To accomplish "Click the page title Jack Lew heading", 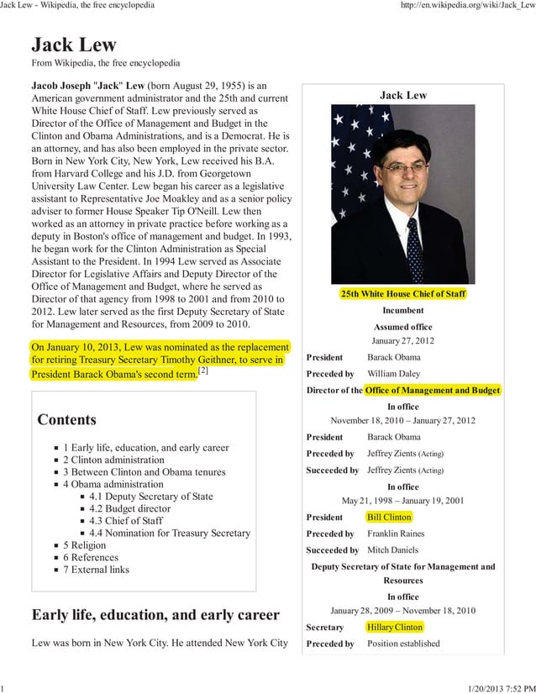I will (74, 45).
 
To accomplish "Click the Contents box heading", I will (67, 419).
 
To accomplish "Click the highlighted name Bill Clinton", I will (389, 517).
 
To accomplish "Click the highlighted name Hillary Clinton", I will (395, 627).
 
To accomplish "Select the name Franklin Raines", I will (396, 534).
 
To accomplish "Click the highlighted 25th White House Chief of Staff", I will (402, 294).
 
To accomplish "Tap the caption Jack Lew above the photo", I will (403, 96).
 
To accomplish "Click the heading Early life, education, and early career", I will (155, 614).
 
